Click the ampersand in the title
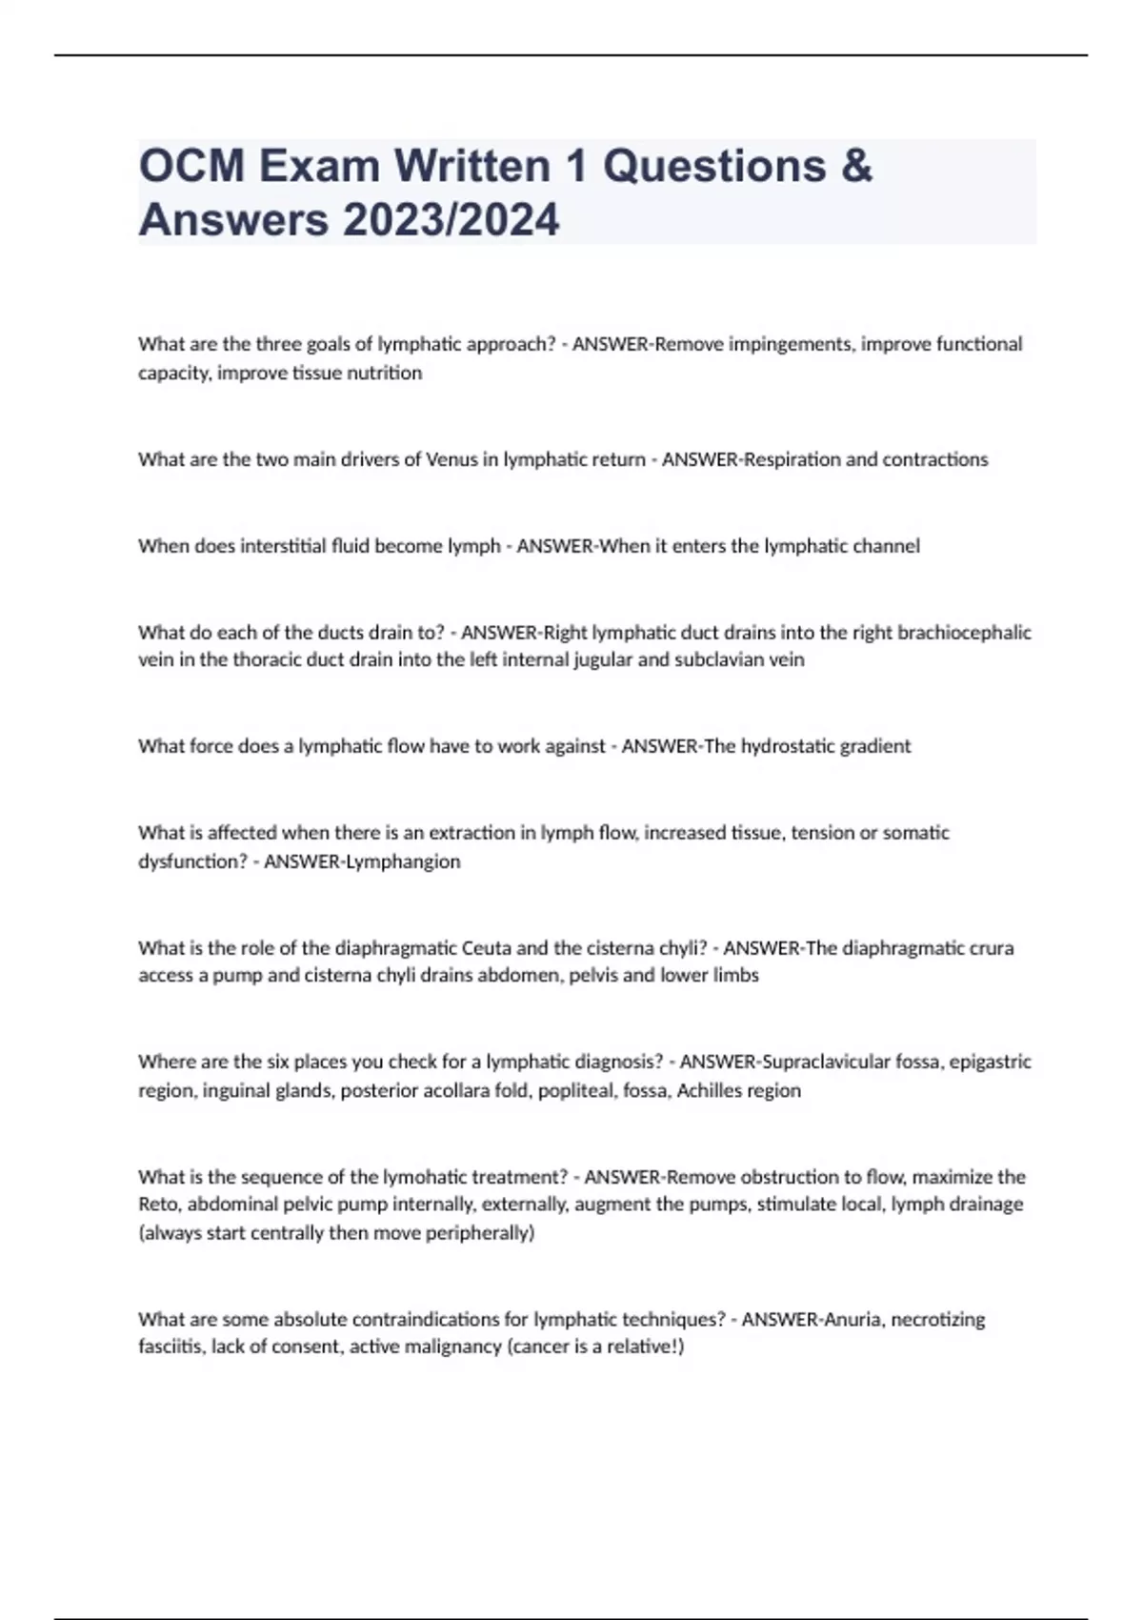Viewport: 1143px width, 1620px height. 856,166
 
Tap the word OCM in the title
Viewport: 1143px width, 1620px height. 192,166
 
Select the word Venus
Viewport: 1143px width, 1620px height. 451,459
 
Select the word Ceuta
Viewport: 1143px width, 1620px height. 486,948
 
